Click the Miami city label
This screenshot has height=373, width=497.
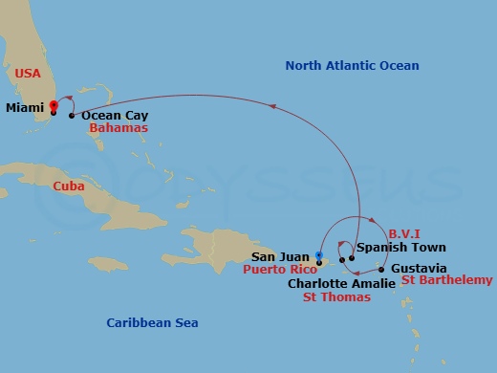tap(24, 108)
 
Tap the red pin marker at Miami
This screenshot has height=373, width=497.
tap(54, 106)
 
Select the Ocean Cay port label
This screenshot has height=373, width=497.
tap(115, 115)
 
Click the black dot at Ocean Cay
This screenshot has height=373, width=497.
tap(72, 115)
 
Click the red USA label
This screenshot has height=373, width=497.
tap(28, 73)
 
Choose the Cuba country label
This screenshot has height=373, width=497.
tap(69, 186)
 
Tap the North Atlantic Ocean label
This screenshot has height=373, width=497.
tap(353, 65)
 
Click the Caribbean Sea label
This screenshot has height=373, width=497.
tap(152, 322)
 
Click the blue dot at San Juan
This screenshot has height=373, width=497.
tap(319, 254)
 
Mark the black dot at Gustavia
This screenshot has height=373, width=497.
tap(381, 269)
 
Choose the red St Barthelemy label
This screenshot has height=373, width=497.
tap(446, 280)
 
